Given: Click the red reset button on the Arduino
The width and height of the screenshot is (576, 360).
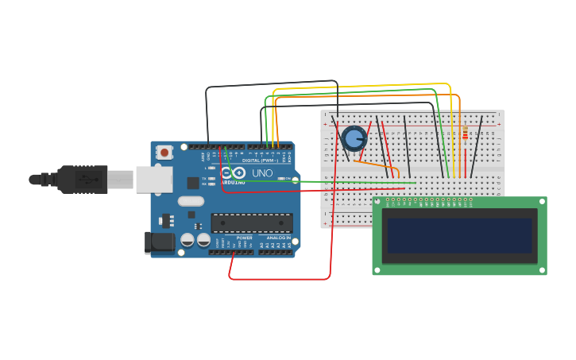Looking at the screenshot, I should pyautogui.click(x=164, y=152).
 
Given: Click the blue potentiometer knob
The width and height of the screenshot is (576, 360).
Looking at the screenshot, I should pyautogui.click(x=354, y=138).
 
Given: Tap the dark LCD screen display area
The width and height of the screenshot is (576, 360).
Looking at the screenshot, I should pyautogui.click(x=459, y=235).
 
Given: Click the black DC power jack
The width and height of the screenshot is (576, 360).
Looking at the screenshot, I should pyautogui.click(x=160, y=242).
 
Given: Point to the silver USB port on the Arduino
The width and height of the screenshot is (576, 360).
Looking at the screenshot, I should pyautogui.click(x=153, y=180).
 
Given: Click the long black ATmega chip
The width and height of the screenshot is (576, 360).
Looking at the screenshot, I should pyautogui.click(x=251, y=223).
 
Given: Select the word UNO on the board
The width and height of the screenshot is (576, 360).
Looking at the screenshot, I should pyautogui.click(x=262, y=172).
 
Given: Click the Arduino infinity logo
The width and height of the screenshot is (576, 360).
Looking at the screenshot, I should pyautogui.click(x=232, y=172).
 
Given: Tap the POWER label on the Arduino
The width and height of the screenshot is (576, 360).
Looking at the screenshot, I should pyautogui.click(x=244, y=238).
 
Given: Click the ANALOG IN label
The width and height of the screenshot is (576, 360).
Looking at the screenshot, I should pyautogui.click(x=277, y=238).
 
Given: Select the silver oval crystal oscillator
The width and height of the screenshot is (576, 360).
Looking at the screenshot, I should pyautogui.click(x=191, y=201).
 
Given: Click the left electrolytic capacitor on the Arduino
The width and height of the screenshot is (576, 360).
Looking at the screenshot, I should pyautogui.click(x=187, y=239).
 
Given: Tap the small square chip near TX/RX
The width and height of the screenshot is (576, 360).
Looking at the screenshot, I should pyautogui.click(x=193, y=183).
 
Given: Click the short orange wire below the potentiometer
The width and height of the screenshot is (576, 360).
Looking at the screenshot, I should pyautogui.click(x=375, y=165).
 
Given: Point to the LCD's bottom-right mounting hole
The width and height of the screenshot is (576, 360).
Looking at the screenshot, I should pyautogui.click(x=542, y=270).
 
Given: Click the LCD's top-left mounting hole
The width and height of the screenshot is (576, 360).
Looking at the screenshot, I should pyautogui.click(x=377, y=202).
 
